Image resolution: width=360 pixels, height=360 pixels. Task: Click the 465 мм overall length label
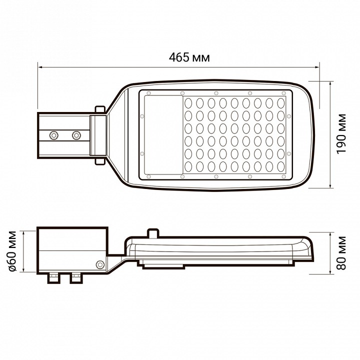click(189, 57)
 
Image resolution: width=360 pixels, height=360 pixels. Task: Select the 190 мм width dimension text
click(341, 134)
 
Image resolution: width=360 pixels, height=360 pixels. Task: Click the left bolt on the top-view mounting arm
click(53, 134)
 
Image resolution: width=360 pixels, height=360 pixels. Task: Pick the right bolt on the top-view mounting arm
click(76, 134)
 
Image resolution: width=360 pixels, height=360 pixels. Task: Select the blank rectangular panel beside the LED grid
click(163, 134)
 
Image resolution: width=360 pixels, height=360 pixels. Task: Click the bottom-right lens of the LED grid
click(280, 166)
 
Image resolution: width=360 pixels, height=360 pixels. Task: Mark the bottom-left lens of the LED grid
click(189, 166)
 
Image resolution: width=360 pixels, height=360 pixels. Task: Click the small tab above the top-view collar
click(100, 108)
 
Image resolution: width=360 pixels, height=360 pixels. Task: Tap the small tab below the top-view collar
click(100, 160)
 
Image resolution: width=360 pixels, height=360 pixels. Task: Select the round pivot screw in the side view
click(100, 264)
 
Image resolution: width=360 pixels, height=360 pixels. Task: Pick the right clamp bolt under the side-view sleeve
click(76, 277)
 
